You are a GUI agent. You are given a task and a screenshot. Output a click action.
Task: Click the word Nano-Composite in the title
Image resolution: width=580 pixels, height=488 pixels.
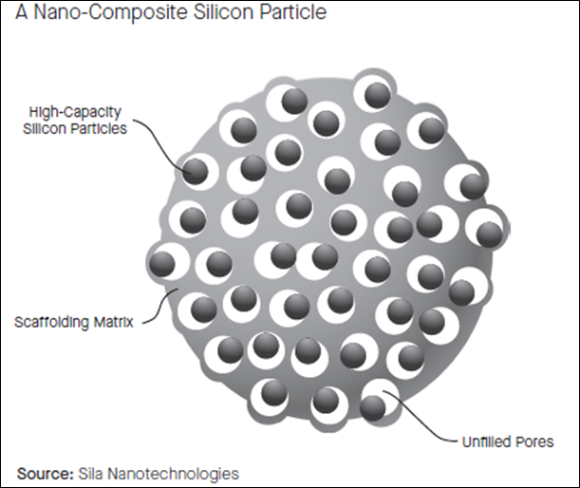(x=110, y=11)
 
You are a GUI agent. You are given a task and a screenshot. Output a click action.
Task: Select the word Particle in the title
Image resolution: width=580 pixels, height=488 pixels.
(x=292, y=11)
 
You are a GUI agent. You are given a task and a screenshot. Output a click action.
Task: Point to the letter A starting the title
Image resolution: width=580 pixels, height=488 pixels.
(x=22, y=11)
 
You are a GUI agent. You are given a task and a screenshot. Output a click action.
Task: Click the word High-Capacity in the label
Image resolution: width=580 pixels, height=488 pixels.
(x=75, y=112)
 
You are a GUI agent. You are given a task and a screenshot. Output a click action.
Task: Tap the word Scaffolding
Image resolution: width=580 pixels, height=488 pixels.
(x=51, y=322)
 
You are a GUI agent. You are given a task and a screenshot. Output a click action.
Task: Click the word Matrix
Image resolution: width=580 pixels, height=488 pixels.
(x=113, y=322)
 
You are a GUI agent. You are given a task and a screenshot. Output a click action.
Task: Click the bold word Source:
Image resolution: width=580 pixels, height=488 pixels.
(x=46, y=474)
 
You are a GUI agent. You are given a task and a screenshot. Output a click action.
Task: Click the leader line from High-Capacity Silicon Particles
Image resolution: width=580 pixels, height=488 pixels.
(x=161, y=142)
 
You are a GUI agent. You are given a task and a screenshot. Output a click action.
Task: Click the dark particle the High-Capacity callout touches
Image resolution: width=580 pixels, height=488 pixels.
(x=196, y=171)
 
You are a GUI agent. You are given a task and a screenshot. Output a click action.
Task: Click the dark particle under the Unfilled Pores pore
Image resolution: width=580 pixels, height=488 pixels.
(x=373, y=408)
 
